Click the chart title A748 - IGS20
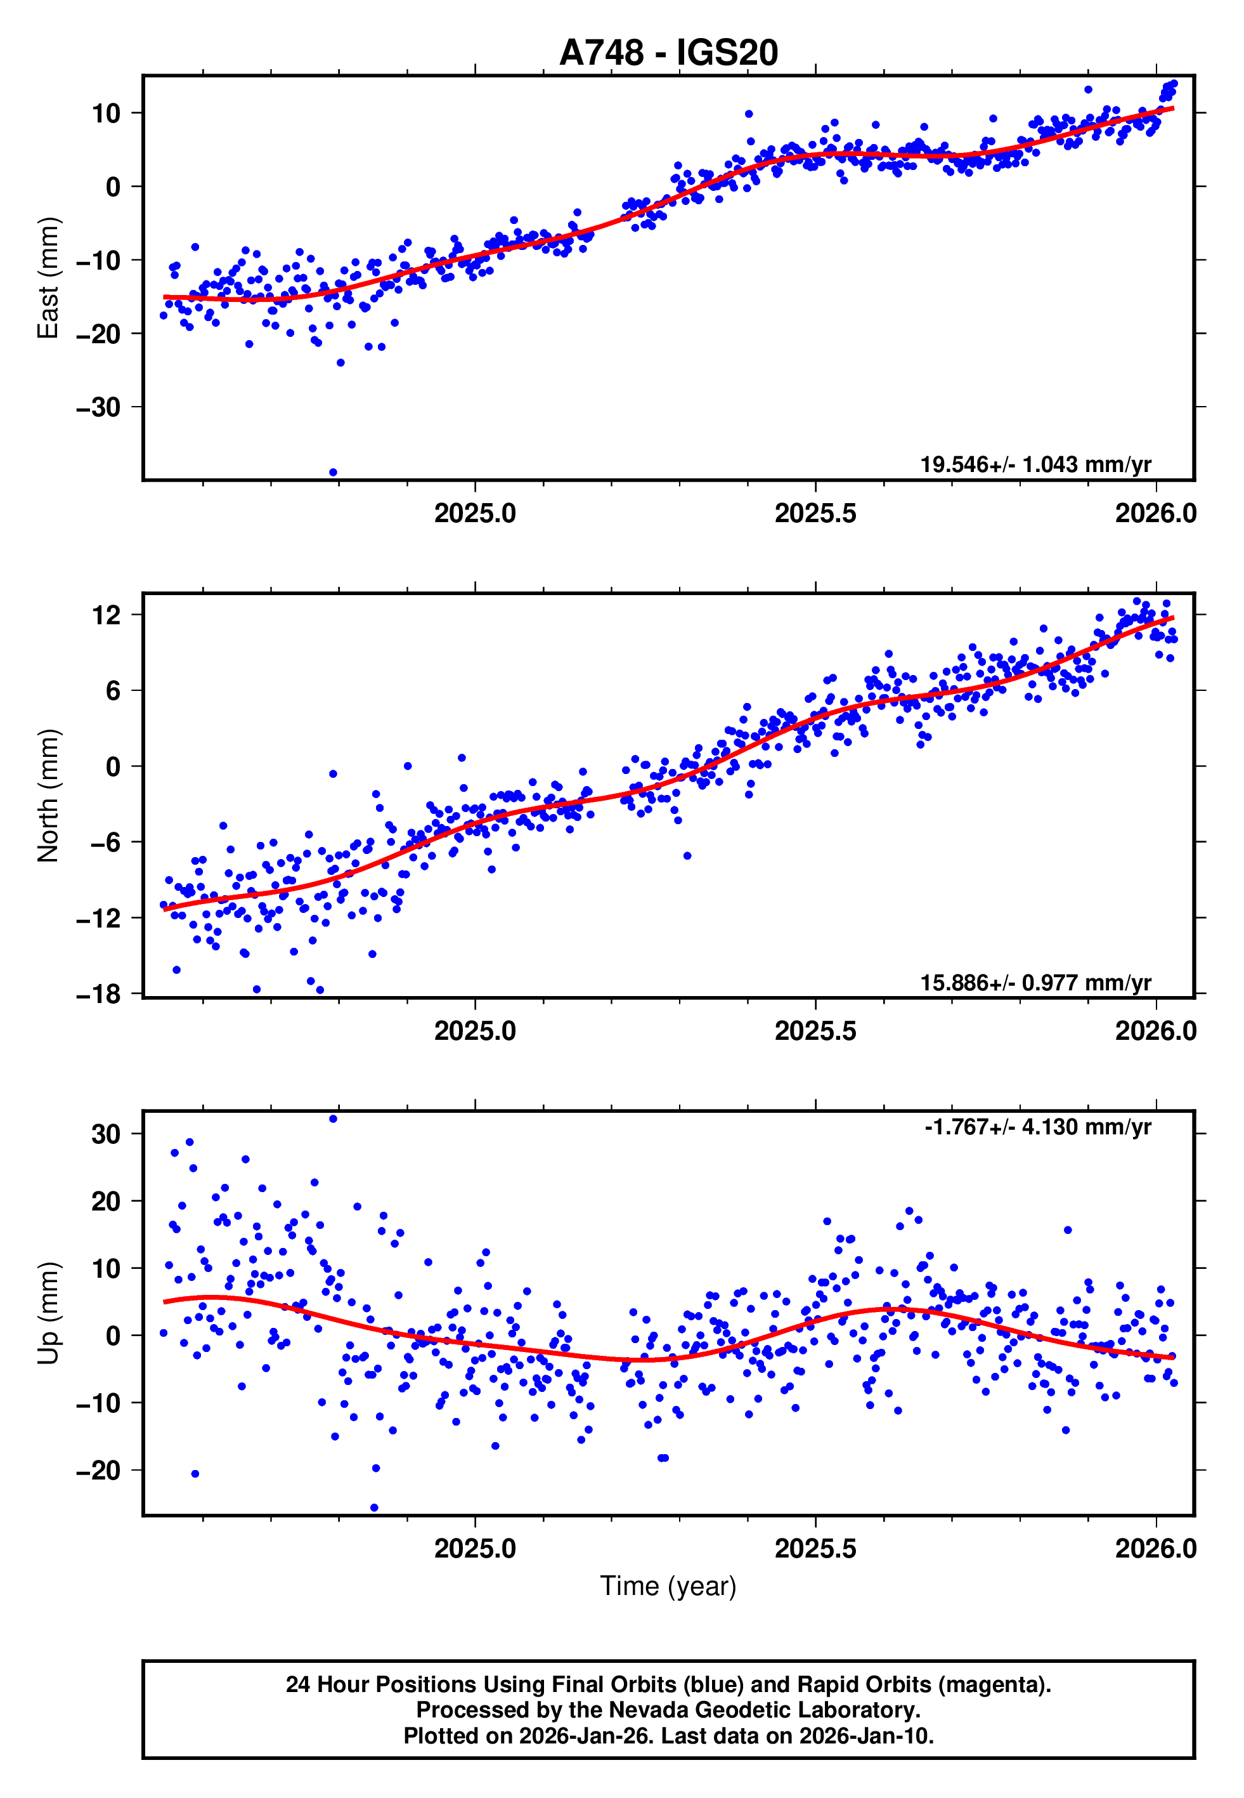pyautogui.click(x=668, y=53)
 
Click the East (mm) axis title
pyautogui.click(x=48, y=279)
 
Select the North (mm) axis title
pyautogui.click(x=48, y=796)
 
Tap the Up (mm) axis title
pyautogui.click(x=48, y=1313)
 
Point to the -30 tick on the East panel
pyautogui.click(x=99, y=407)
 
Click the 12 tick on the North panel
pyautogui.click(x=107, y=615)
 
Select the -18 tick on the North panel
pyautogui.click(x=99, y=994)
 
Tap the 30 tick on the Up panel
pyautogui.click(x=107, y=1134)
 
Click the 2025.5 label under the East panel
pyautogui.click(x=815, y=514)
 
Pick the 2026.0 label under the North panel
pyautogui.click(x=1155, y=1032)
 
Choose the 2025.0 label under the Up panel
pyautogui.click(x=475, y=1549)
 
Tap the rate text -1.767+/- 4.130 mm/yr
pyautogui.click(x=1037, y=1127)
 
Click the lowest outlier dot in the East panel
pyautogui.click(x=333, y=473)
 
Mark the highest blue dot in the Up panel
pyautogui.click(x=333, y=1119)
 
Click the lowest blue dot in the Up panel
pyautogui.click(x=374, y=1508)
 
